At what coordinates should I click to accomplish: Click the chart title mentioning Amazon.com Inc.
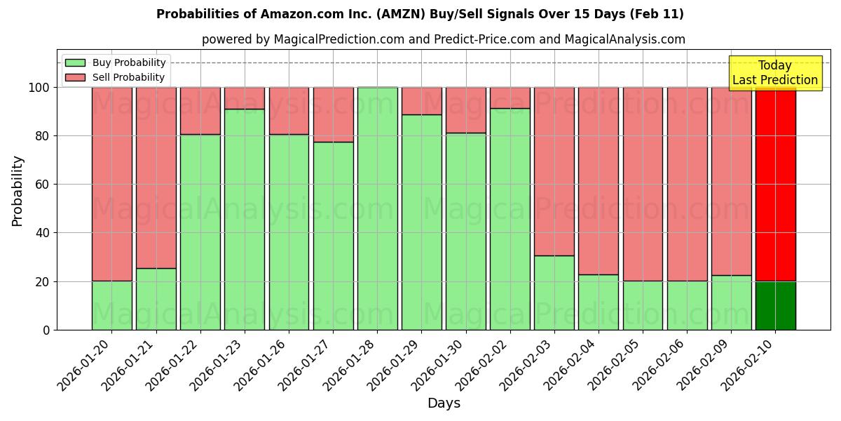coord(420,14)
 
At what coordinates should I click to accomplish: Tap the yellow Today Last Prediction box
coord(774,73)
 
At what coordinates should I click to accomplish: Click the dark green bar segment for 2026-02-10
coord(775,305)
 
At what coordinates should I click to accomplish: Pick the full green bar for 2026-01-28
coord(377,208)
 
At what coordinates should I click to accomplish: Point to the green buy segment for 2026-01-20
coord(112,305)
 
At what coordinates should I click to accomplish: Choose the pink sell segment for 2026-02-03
coord(554,171)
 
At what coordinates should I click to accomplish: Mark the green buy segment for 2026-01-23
coord(245,219)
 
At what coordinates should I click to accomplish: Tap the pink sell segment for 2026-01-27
coord(333,114)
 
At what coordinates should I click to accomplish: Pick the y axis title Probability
coord(18,191)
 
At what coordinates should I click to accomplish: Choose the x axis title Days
coord(444,403)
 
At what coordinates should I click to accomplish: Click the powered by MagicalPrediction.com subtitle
coord(443,39)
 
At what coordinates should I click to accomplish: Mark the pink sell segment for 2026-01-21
coord(156,178)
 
